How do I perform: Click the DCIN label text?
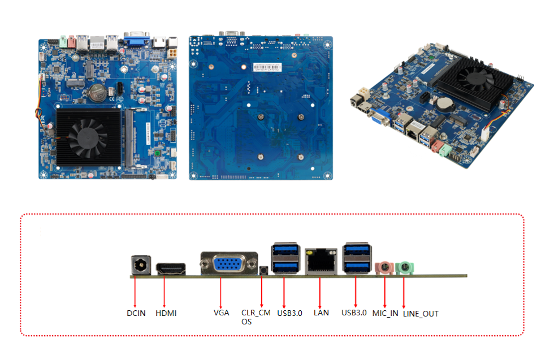point(135,313)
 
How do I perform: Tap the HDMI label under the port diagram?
point(166,313)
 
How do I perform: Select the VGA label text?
point(221,312)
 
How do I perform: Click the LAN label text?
point(321,313)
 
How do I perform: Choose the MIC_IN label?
point(385,313)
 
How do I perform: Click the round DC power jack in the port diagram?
point(139,265)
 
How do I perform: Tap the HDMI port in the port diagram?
point(170,269)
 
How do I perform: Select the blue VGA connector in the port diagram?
point(228,264)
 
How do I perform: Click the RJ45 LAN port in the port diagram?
point(321,261)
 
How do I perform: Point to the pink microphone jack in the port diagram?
point(384,266)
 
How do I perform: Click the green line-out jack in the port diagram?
point(405,267)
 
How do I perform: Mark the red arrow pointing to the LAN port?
point(320,291)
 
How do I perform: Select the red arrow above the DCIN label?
point(135,291)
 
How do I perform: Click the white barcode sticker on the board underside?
point(267,67)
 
